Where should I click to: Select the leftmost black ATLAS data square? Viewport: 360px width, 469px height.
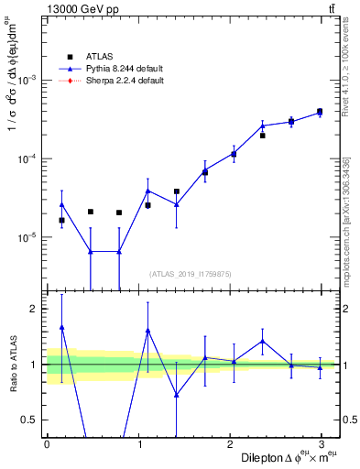61,220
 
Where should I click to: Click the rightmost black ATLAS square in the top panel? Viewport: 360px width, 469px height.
320,112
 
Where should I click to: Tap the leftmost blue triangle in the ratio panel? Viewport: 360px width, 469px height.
61,327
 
